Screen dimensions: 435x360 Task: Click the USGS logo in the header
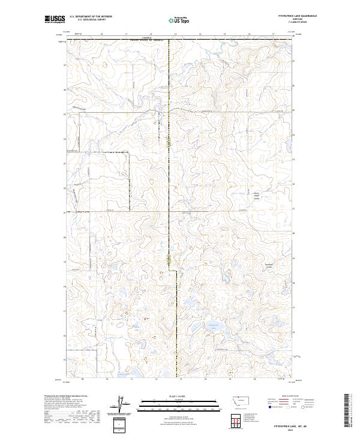click(54, 19)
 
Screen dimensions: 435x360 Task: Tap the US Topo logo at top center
click(179, 20)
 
